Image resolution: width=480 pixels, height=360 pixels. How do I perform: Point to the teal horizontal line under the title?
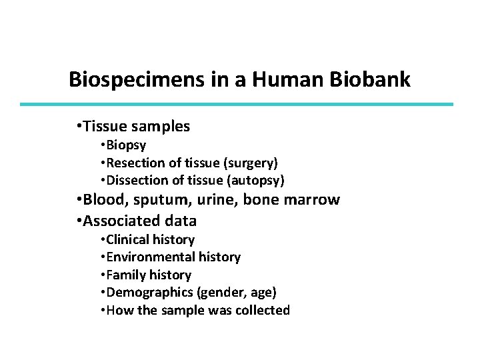tap(237, 104)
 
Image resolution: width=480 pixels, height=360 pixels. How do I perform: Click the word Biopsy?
tap(127, 145)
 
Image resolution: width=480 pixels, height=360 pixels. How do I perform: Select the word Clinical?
tap(128, 239)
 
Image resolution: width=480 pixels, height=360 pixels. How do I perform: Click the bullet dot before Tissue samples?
tap(79, 126)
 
